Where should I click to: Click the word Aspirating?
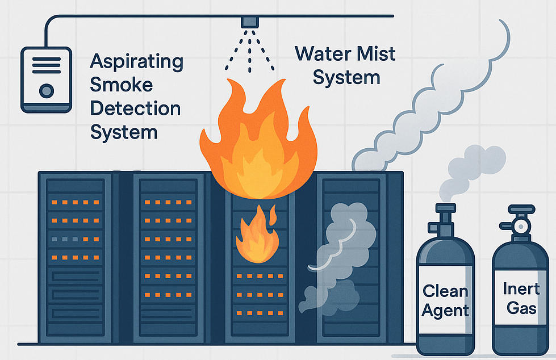pyautogui.click(x=136, y=62)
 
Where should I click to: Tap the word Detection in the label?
pyautogui.click(x=135, y=108)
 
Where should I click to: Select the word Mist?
pyautogui.click(x=370, y=55)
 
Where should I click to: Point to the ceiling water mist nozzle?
pyautogui.click(x=249, y=22)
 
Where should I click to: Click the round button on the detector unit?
pyautogui.click(x=47, y=90)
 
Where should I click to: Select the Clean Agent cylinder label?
pyautogui.click(x=446, y=300)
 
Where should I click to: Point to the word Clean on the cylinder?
pyautogui.click(x=446, y=291)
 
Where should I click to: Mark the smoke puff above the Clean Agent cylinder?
pyautogui.click(x=474, y=165)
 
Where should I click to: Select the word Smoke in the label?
pyautogui.click(x=122, y=85)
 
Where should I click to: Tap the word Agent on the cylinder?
pyautogui.click(x=446, y=311)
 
